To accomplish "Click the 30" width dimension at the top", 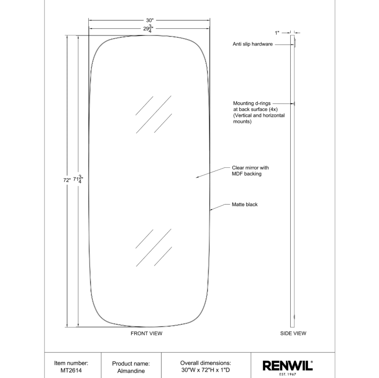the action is click(150, 20).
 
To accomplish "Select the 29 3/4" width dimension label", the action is click(148, 29).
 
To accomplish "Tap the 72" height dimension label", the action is click(67, 180).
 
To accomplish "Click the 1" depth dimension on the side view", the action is click(277, 33).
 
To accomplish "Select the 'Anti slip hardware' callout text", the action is click(253, 44).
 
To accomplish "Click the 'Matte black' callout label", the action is click(245, 205).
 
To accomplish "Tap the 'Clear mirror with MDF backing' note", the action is click(250, 171).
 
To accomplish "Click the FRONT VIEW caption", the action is click(147, 333).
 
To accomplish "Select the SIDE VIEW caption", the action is click(293, 333).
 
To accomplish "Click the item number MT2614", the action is click(71, 370).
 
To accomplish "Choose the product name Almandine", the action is click(131, 371).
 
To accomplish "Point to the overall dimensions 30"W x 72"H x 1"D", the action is click(206, 370).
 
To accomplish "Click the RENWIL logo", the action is click(288, 365).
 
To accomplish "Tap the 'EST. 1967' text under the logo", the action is click(288, 374).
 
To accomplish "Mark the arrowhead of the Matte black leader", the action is click(210, 210).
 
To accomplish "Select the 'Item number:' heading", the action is click(71, 363).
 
